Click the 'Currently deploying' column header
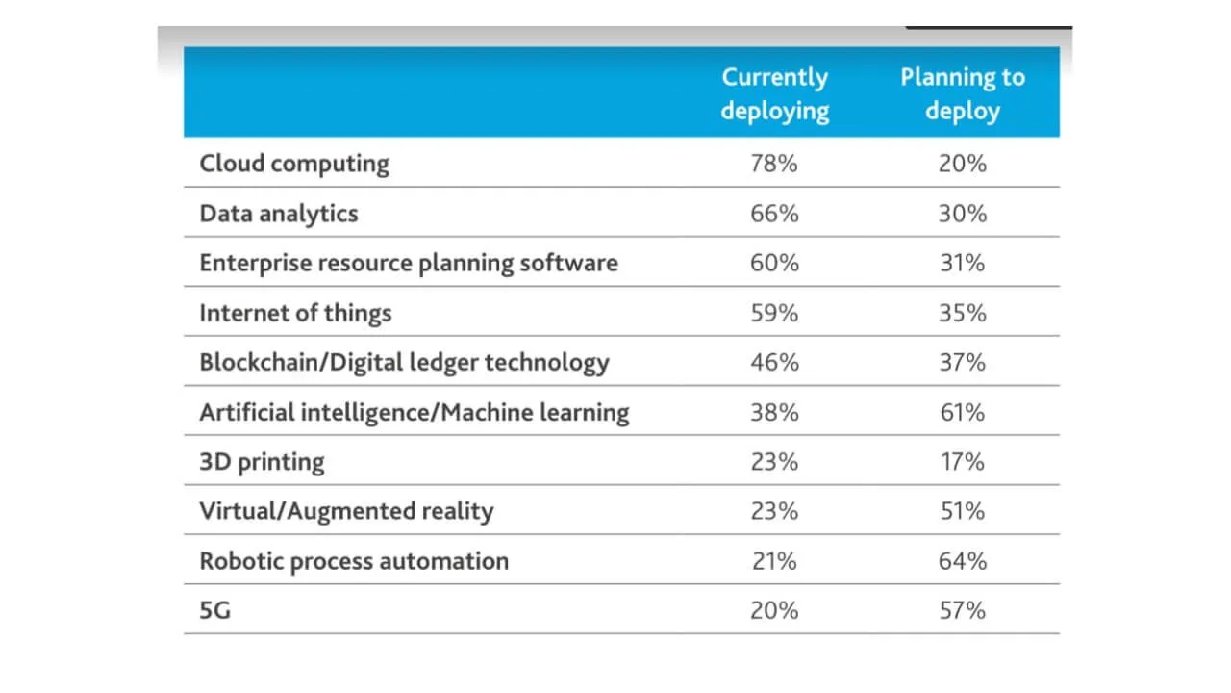click(x=774, y=93)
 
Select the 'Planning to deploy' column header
click(x=963, y=93)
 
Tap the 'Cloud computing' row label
click(x=294, y=164)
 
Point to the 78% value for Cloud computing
click(x=774, y=164)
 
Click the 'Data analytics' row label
click(x=279, y=213)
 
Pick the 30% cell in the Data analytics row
click(x=963, y=213)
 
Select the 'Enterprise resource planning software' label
click(x=409, y=263)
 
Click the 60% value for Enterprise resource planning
click(x=774, y=263)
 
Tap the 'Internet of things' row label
click(x=295, y=313)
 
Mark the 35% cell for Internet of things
click(x=963, y=313)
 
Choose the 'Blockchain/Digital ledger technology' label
click(x=404, y=363)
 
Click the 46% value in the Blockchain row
click(x=774, y=363)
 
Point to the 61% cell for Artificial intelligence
click(x=963, y=413)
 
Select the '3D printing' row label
click(x=262, y=462)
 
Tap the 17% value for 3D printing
click(x=963, y=462)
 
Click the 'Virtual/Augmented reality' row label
click(x=346, y=511)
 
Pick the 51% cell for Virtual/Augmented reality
click(x=963, y=511)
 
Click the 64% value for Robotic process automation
click(x=963, y=561)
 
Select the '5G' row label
click(x=215, y=611)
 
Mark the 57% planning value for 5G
click(x=963, y=611)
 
